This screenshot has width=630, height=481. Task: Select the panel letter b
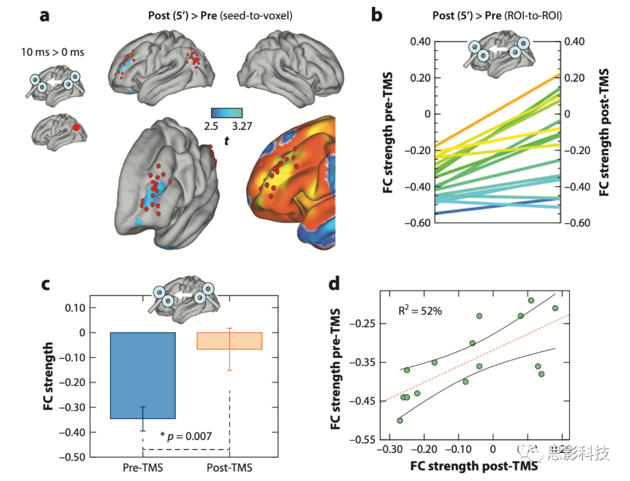(x=377, y=16)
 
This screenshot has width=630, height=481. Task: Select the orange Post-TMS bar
(x=230, y=340)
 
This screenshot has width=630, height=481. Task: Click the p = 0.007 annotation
(x=187, y=435)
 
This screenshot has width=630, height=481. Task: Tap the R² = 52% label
(x=420, y=311)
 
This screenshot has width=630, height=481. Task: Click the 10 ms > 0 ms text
(x=57, y=53)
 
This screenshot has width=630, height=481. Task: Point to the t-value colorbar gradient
(x=227, y=113)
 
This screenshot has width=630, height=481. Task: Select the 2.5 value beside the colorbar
(x=211, y=126)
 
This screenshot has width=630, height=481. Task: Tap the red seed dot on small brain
(x=76, y=127)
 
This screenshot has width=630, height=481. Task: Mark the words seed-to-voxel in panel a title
(x=262, y=16)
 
